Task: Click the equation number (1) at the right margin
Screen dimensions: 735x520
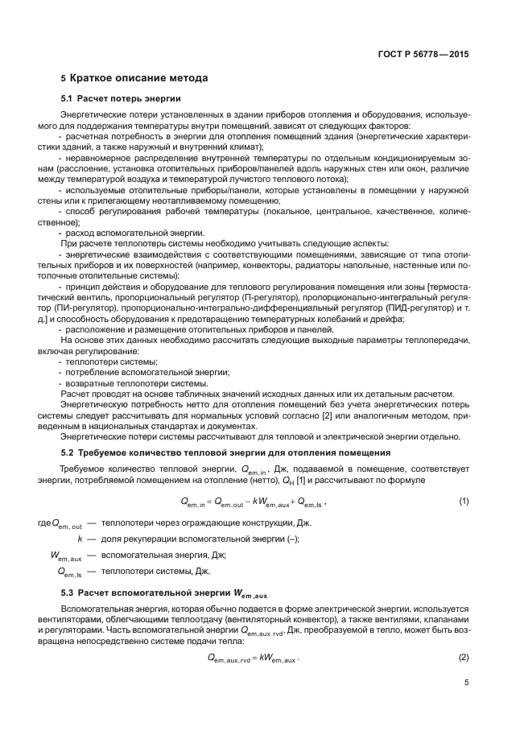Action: tap(463, 502)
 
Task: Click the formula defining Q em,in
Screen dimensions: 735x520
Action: tap(257, 502)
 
